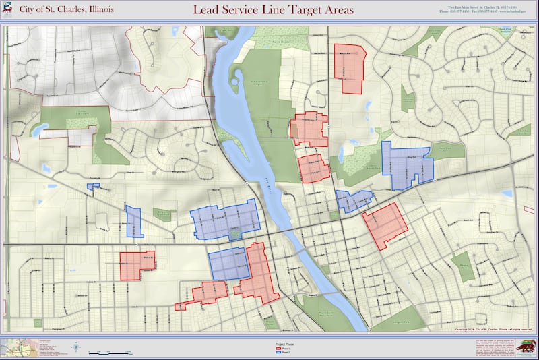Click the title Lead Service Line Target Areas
[273, 10]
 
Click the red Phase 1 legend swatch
[278, 349]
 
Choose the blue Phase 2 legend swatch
[278, 353]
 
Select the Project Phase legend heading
[285, 344]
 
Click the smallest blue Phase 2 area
[93, 186]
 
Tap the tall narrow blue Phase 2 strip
[134, 221]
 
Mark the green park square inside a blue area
[234, 233]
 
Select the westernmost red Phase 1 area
[137, 265]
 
